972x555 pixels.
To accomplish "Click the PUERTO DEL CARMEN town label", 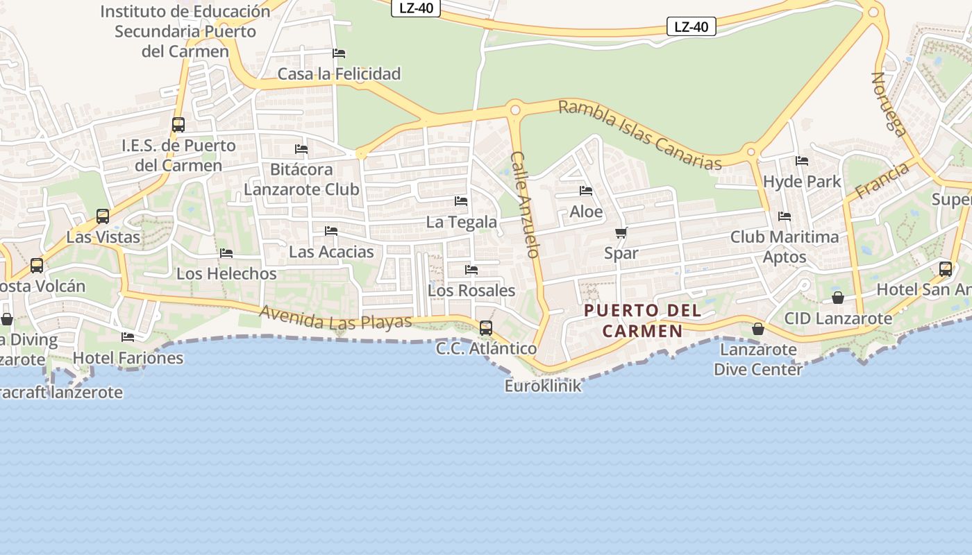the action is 642,321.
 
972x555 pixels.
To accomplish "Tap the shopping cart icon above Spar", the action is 621,233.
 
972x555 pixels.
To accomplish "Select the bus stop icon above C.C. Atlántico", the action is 486,327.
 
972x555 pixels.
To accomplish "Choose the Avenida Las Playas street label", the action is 336,318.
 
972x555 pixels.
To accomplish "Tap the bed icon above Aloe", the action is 586,191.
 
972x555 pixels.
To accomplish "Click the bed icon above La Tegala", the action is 461,201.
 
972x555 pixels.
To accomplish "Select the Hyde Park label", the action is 802,182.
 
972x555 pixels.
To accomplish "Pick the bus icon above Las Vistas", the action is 103,216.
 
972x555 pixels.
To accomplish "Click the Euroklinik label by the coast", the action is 543,386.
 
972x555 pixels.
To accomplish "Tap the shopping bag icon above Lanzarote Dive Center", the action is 758,329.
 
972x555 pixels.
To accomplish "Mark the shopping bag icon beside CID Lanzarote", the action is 838,298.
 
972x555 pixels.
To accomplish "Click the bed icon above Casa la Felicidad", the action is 339,53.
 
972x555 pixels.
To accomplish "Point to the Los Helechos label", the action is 226,273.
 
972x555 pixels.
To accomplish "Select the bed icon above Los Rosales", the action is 471,270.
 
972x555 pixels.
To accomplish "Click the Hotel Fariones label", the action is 128,358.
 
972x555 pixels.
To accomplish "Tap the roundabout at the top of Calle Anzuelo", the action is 514,109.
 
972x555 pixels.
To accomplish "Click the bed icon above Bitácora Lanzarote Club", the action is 301,149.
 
